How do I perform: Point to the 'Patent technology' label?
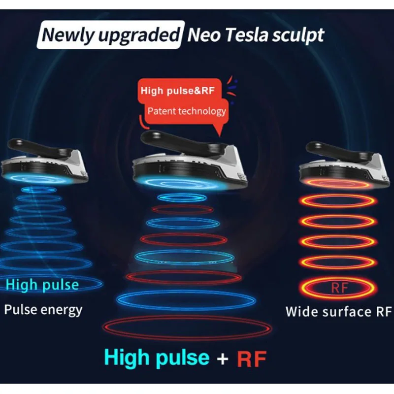point(187,110)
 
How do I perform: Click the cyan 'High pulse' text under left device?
point(42,285)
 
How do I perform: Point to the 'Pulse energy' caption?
point(43,309)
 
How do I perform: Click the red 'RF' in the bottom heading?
point(252,359)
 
